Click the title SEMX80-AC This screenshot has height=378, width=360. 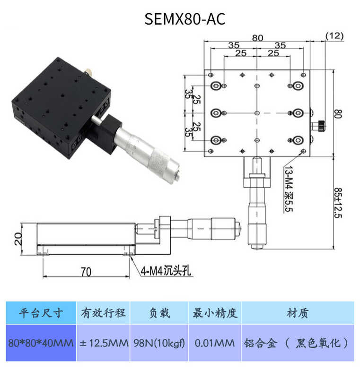[x=185, y=19]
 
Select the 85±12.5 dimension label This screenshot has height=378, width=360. [x=338, y=203]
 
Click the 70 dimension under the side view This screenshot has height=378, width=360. [x=86, y=272]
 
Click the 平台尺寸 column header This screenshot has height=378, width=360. [x=41, y=313]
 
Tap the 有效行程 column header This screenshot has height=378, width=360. [x=103, y=313]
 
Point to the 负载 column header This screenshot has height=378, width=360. [x=159, y=313]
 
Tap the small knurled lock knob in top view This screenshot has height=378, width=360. [x=321, y=125]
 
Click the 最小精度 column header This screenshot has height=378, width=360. [x=215, y=313]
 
